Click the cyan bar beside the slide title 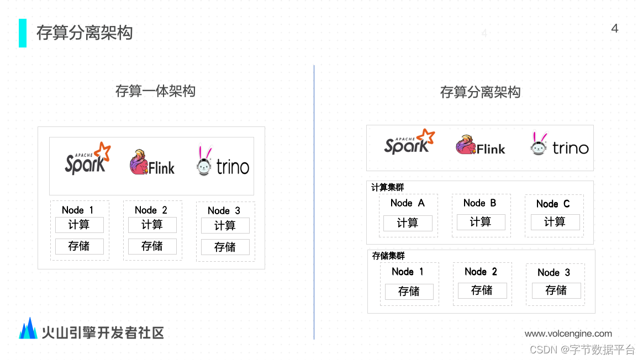pyautogui.click(x=23, y=33)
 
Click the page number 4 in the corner pyautogui.click(x=614, y=29)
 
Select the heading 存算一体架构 pyautogui.click(x=155, y=91)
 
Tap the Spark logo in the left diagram pyautogui.click(x=87, y=160)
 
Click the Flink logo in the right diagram pyautogui.click(x=480, y=146)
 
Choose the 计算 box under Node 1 pyautogui.click(x=79, y=225)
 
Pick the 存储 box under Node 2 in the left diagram pyautogui.click(x=152, y=246)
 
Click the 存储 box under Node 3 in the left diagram pyautogui.click(x=225, y=247)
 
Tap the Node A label pyautogui.click(x=408, y=203)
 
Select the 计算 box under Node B pyautogui.click(x=481, y=222)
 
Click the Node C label pyautogui.click(x=553, y=204)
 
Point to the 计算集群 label pyautogui.click(x=388, y=188)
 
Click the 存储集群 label pyautogui.click(x=389, y=256)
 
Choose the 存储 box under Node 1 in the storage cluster pyautogui.click(x=409, y=292)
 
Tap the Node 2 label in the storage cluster pyautogui.click(x=481, y=272)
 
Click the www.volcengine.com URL pyautogui.click(x=568, y=333)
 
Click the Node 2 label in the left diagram pyautogui.click(x=151, y=210)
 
